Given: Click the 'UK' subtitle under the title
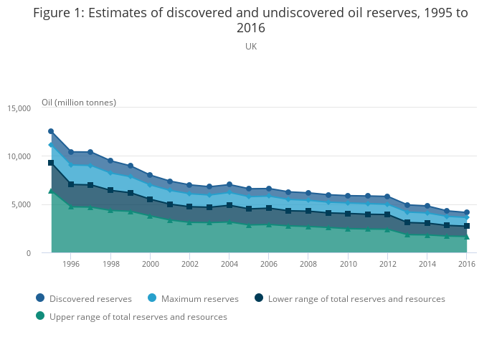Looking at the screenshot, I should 250,46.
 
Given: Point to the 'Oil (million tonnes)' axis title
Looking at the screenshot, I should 79,103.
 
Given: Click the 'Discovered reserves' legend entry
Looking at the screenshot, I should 84,298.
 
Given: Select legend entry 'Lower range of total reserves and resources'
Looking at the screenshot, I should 349,298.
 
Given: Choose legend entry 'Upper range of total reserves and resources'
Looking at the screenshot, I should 131,316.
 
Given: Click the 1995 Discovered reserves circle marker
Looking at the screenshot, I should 51,131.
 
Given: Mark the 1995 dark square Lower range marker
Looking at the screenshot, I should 51,163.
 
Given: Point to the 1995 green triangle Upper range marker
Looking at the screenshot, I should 51,191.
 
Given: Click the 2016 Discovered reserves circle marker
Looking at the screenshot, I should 466,212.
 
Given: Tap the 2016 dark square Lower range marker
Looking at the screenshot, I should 466,226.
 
